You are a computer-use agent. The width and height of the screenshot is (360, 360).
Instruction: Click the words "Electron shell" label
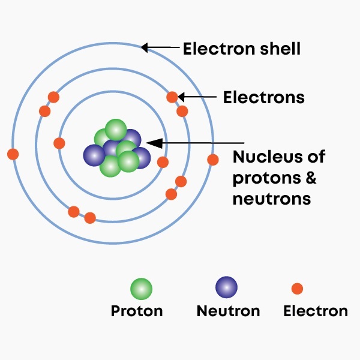[x=241, y=48]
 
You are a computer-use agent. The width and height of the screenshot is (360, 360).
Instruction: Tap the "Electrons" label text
[x=263, y=97]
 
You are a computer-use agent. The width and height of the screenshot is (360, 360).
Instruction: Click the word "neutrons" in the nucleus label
[x=271, y=199]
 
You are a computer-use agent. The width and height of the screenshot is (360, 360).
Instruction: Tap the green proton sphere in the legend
[x=141, y=289]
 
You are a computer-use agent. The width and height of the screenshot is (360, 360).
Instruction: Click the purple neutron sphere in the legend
[x=226, y=287]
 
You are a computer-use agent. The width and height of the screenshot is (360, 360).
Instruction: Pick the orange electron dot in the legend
[x=297, y=289]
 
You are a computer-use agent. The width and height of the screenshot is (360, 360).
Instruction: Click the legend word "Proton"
[x=136, y=311]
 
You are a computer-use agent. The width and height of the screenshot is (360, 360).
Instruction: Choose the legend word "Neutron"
[x=228, y=311]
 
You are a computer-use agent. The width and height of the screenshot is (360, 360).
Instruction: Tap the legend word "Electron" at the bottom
[x=315, y=311]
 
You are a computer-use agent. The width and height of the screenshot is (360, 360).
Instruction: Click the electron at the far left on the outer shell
[x=13, y=154]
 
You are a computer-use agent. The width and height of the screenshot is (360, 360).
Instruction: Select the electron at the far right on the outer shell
[x=213, y=160]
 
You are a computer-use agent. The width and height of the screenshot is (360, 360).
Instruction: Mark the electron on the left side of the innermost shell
[x=59, y=143]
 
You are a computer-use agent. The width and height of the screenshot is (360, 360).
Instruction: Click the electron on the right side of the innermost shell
[x=163, y=162]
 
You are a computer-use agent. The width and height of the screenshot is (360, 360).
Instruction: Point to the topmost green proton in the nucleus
[x=115, y=130]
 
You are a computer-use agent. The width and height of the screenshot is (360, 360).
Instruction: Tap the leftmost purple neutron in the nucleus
[x=94, y=155]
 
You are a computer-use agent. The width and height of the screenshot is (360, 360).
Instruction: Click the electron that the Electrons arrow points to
[x=172, y=97]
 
